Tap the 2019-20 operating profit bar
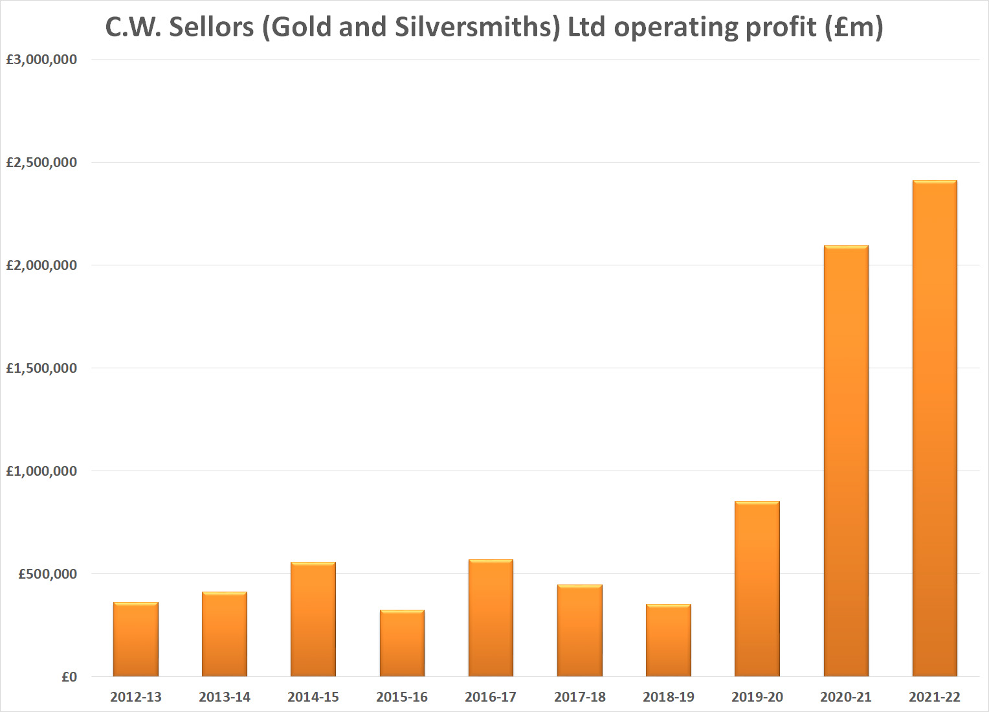coord(757,589)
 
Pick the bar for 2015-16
coord(402,643)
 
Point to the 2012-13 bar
coord(136,640)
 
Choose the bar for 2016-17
coord(491,618)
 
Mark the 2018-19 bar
coord(668,640)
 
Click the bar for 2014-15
coord(313,619)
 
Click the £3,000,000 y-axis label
coord(41,60)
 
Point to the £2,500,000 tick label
coord(41,162)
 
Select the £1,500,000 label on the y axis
coord(41,368)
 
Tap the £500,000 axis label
coord(47,574)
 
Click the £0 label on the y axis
coord(69,677)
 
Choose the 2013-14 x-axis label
coord(225,697)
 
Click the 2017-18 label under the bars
coord(579,697)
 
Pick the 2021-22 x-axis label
coord(934,697)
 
